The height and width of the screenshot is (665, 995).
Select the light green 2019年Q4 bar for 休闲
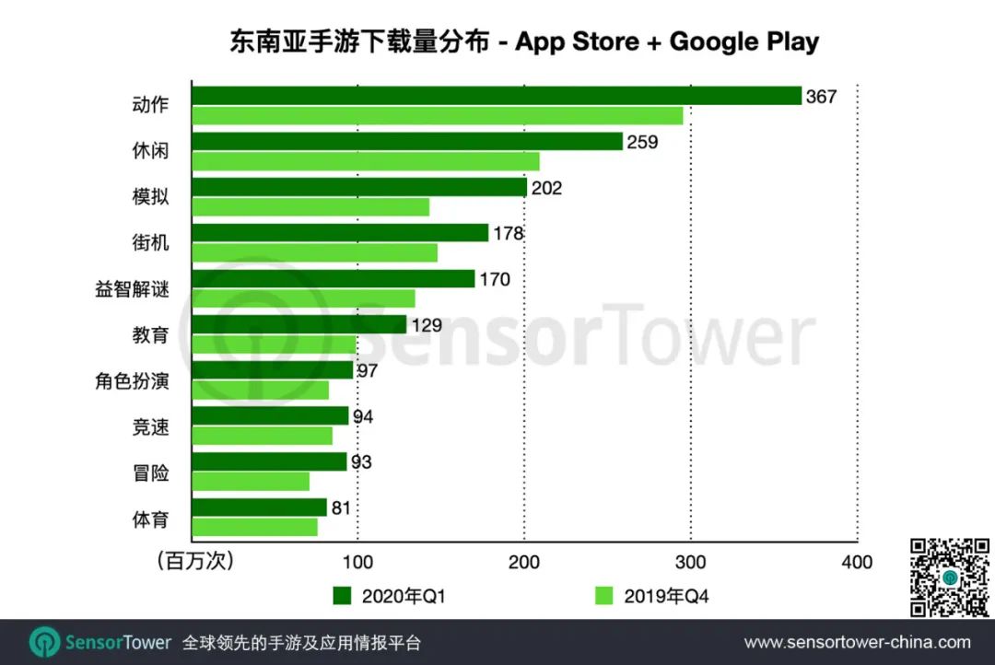[366, 161]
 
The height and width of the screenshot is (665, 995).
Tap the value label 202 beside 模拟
[546, 188]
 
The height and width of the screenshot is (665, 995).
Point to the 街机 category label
[150, 243]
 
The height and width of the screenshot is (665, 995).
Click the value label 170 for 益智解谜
[495, 279]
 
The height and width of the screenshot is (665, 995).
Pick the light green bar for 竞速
[262, 436]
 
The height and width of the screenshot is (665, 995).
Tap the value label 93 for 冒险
[360, 461]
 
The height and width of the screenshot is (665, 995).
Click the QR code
[948, 577]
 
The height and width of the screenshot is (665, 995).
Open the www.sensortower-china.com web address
[857, 642]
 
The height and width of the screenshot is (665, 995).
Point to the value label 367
[821, 96]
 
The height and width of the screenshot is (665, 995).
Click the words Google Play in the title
[743, 41]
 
